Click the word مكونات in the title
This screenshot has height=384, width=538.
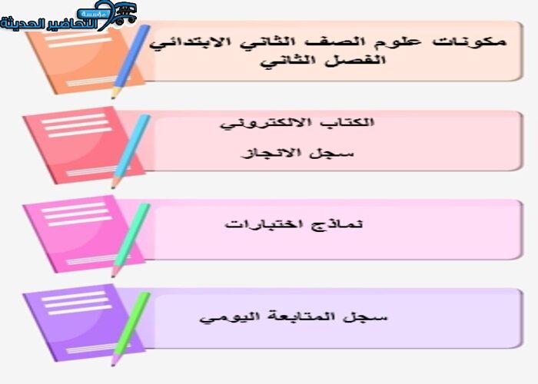pyautogui.click(x=469, y=41)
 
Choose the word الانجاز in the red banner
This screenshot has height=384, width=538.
pyautogui.click(x=272, y=153)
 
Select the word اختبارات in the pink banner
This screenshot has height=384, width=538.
pyautogui.click(x=264, y=224)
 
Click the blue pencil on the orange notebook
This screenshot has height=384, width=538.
pyautogui.click(x=131, y=61)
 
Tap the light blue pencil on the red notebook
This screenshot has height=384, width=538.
pyautogui.click(x=131, y=151)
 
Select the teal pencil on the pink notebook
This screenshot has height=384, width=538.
pyautogui.click(x=131, y=240)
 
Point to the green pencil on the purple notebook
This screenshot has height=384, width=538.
pyautogui.click(x=131, y=329)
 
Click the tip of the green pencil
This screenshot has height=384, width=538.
pyautogui.click(x=112, y=365)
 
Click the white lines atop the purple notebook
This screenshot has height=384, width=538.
pyautogui.click(x=76, y=303)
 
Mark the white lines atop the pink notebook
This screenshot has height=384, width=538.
pyautogui.click(x=76, y=214)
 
